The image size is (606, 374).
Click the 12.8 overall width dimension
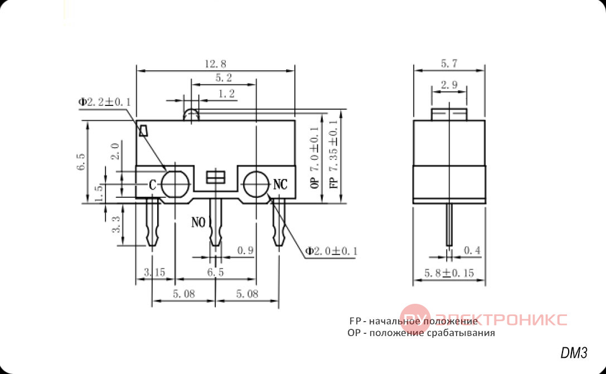pos(216,64)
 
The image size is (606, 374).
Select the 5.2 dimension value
pos(224,78)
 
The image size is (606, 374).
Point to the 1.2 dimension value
pos(227,94)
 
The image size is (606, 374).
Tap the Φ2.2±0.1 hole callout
pos(104,103)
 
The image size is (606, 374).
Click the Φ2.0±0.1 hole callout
pos(331,251)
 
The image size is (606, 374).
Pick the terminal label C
pos(152,186)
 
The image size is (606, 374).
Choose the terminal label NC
pos(280,184)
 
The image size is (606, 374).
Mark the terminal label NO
pos(198,222)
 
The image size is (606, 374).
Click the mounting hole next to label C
pos(175,184)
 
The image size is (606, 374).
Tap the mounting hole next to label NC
pos(256,184)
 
